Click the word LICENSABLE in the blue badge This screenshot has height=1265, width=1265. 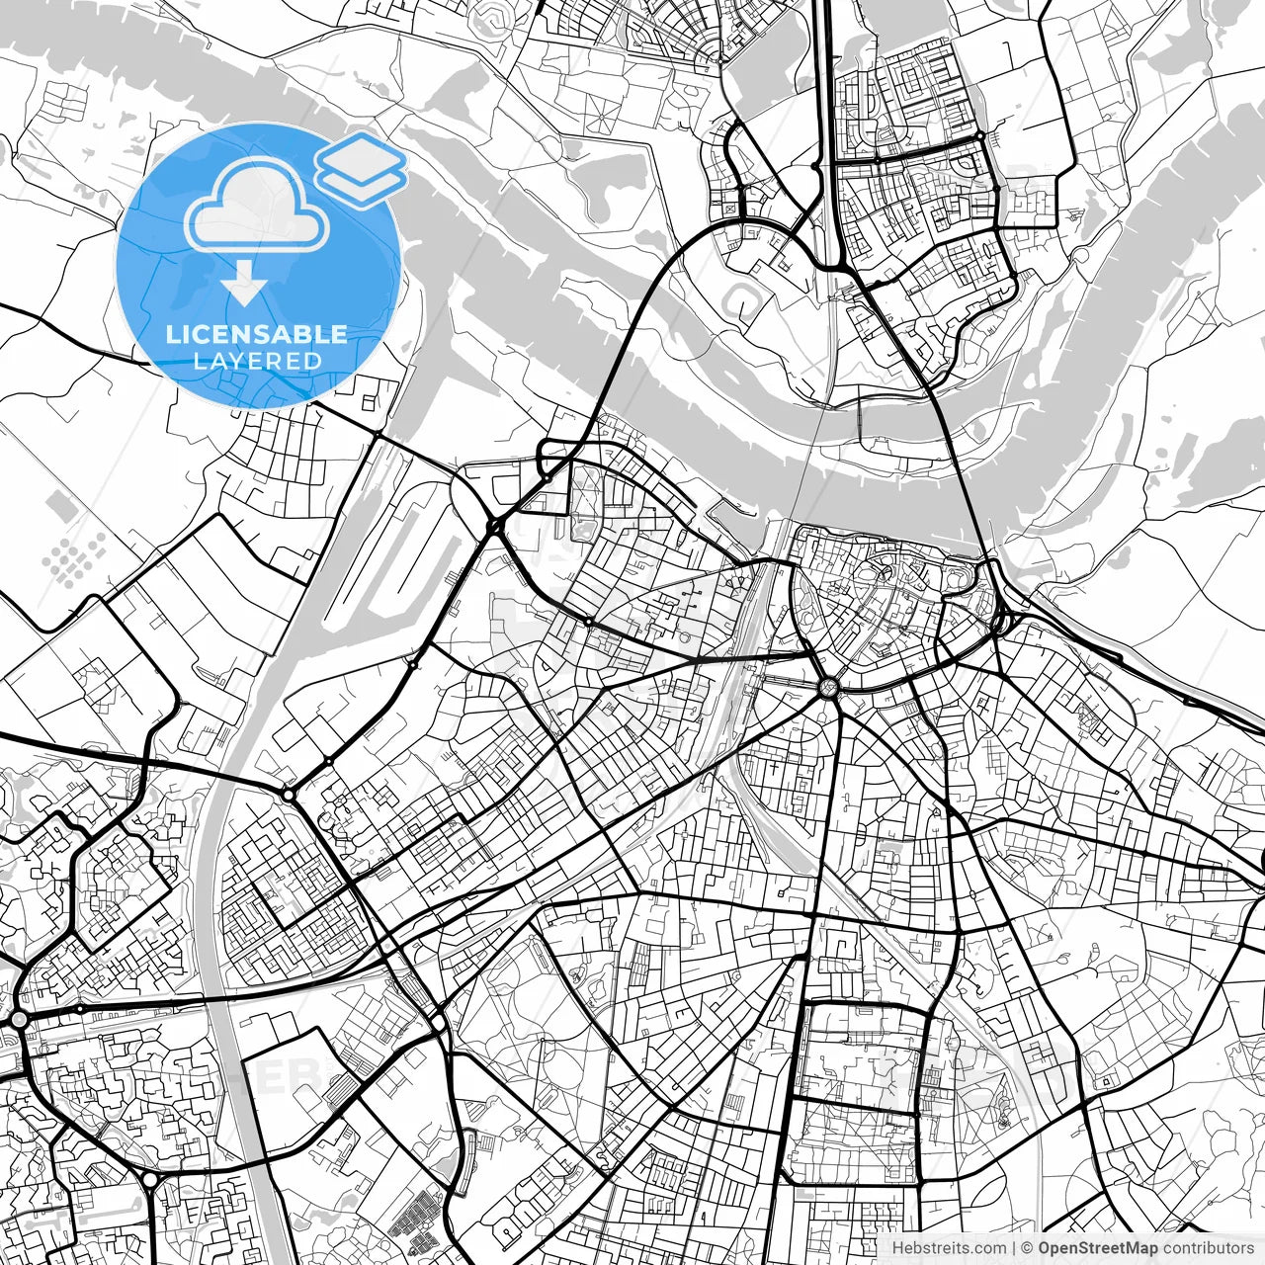click(x=257, y=334)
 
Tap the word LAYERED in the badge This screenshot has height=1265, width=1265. click(x=257, y=362)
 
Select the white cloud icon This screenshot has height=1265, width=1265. click(x=257, y=208)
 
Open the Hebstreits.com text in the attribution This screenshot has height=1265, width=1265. click(x=950, y=1248)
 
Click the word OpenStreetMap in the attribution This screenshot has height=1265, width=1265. click(x=1098, y=1248)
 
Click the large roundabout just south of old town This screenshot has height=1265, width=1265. click(x=827, y=686)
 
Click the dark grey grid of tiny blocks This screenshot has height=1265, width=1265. click(x=415, y=1216)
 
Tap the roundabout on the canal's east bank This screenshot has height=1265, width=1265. click(x=288, y=794)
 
